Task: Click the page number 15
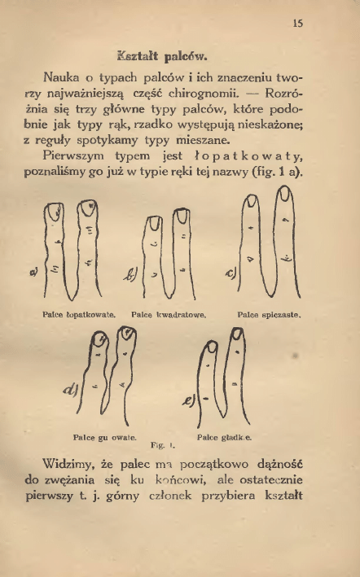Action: tap(298, 24)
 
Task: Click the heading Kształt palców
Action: tap(164, 59)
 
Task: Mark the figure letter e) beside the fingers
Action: tap(187, 400)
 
